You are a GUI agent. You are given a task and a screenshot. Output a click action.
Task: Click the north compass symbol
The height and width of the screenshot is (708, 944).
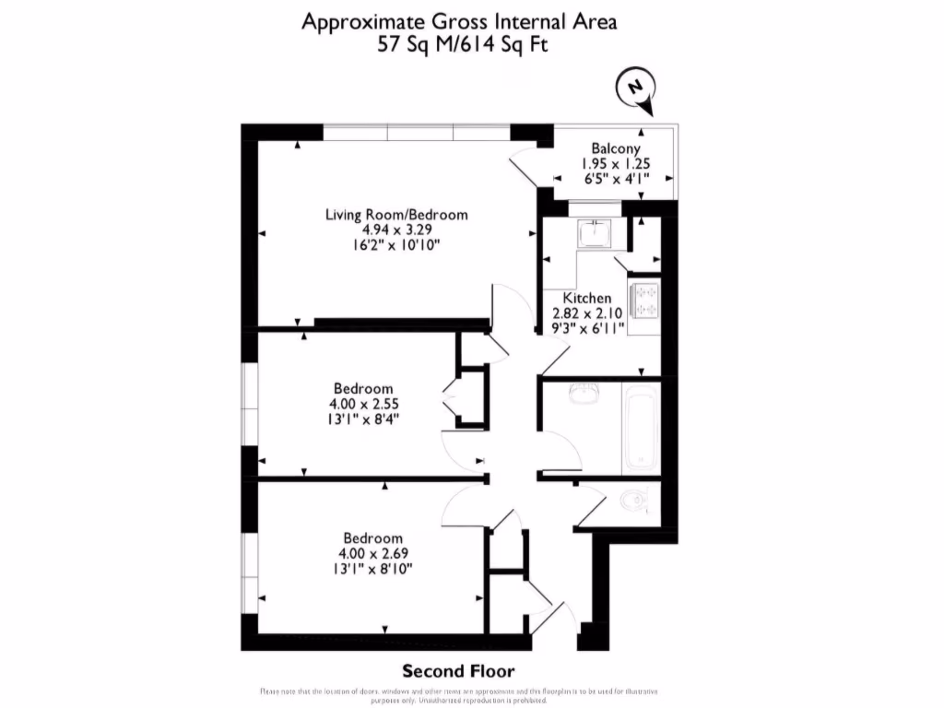(x=634, y=88)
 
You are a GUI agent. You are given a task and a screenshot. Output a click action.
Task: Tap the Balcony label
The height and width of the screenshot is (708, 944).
(x=616, y=148)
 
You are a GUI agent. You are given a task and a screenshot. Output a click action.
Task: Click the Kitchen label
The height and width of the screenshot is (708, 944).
(x=587, y=299)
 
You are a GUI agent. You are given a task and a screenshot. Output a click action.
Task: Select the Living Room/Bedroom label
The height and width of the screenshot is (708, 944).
(x=396, y=215)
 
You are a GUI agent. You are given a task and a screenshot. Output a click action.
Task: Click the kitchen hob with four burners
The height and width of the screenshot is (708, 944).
(x=643, y=299)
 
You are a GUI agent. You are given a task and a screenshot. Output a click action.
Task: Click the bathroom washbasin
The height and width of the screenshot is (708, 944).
(x=583, y=395)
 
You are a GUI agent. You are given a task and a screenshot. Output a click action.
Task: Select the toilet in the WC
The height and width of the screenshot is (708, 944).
(x=633, y=501)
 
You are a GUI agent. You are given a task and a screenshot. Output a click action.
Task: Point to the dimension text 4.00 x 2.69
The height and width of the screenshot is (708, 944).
(x=373, y=553)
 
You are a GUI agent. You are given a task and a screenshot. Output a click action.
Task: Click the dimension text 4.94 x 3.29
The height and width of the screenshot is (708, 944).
(x=396, y=230)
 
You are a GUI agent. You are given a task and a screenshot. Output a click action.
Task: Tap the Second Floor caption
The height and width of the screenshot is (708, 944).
(x=458, y=671)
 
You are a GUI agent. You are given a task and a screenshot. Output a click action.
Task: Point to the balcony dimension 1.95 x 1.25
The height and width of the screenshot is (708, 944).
(x=616, y=164)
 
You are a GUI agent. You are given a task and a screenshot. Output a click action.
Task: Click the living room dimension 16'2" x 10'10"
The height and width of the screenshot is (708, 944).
(x=396, y=245)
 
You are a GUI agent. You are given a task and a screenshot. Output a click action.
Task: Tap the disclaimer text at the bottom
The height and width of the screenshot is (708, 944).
(x=471, y=695)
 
